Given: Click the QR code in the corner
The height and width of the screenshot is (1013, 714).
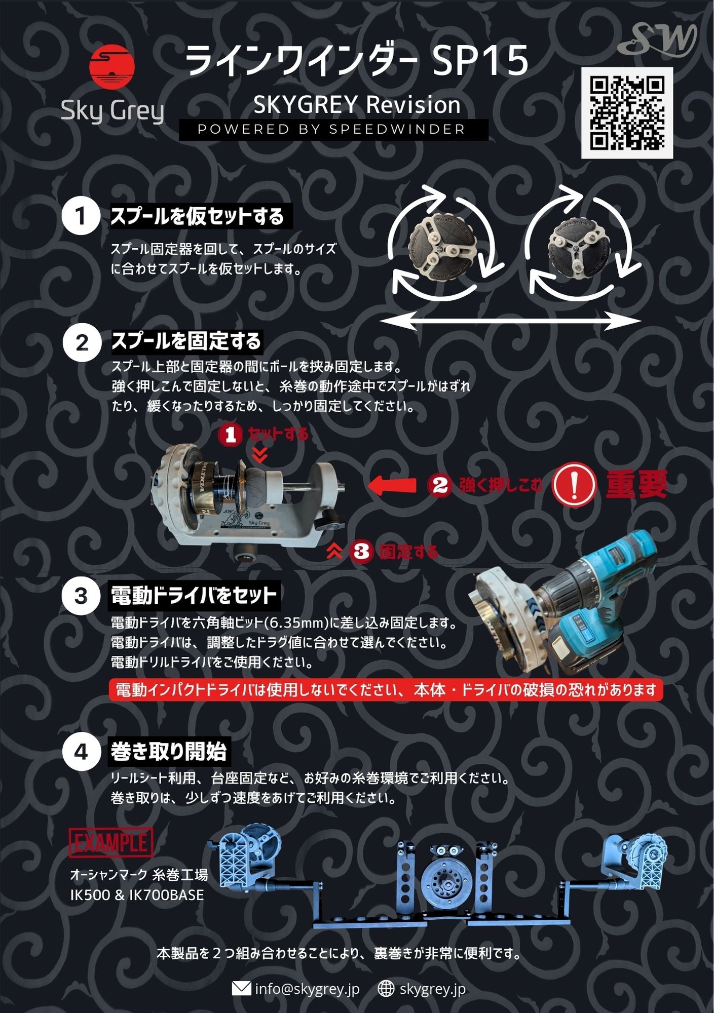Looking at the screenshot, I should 627,113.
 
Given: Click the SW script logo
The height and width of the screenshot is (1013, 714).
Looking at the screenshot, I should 657,39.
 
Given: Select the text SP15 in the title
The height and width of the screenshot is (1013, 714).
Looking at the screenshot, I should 480,60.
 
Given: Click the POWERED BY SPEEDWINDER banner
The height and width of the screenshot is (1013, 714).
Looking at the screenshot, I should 332,130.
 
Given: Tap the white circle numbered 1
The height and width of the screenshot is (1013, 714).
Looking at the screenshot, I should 80,216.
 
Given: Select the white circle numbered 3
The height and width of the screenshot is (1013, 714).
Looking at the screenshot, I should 81,596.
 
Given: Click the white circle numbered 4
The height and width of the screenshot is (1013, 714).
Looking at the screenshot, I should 81,752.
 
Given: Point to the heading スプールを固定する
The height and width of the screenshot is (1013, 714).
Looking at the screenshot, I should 186,341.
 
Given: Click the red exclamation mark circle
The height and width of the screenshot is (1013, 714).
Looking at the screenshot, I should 574,485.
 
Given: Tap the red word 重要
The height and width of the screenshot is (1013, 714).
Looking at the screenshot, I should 636,484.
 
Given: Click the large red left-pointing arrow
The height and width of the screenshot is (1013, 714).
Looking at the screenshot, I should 392,485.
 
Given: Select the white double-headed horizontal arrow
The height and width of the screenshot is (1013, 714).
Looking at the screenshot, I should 510,321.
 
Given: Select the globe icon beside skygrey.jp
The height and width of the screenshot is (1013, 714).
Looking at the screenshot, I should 386,988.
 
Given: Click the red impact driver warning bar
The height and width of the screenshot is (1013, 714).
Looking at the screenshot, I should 386,690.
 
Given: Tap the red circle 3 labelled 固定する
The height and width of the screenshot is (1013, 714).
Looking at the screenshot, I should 361,551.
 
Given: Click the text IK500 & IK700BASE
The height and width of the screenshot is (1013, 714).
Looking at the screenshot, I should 137,895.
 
